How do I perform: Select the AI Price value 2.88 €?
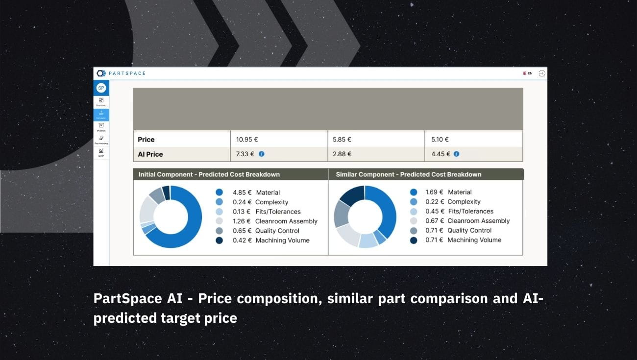342,154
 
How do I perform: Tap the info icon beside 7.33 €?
262,154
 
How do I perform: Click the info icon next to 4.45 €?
457,154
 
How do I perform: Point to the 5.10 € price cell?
440,140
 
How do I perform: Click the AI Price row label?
150,154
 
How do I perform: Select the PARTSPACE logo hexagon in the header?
101,73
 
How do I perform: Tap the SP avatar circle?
101,88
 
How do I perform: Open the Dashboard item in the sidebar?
101,101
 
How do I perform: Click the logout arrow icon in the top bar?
542,73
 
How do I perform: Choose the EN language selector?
528,73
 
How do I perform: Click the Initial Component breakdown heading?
209,174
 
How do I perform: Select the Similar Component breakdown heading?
408,174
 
